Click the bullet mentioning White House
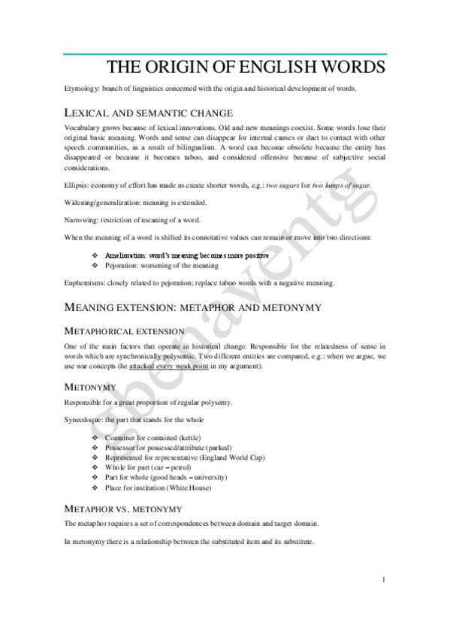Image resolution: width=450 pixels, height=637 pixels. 158,488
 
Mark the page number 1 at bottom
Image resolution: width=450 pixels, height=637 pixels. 383,578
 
